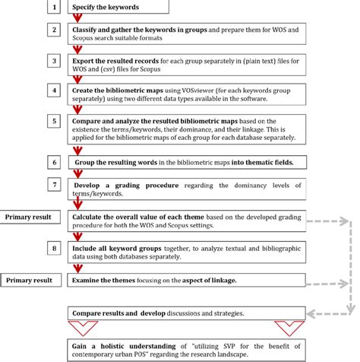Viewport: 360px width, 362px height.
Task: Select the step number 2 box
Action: coord(53,30)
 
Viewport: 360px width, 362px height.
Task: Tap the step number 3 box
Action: coord(53,60)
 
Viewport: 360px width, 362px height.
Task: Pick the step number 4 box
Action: coord(53,90)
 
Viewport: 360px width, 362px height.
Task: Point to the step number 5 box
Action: coord(53,120)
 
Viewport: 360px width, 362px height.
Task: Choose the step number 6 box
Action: coord(53,162)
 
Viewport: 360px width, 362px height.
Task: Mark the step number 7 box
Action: coord(53,185)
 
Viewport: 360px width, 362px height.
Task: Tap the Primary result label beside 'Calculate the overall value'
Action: coord(28,216)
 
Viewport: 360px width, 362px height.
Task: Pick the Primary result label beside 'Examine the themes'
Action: coord(28,280)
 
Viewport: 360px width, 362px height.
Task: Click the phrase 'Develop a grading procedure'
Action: coord(116,186)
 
